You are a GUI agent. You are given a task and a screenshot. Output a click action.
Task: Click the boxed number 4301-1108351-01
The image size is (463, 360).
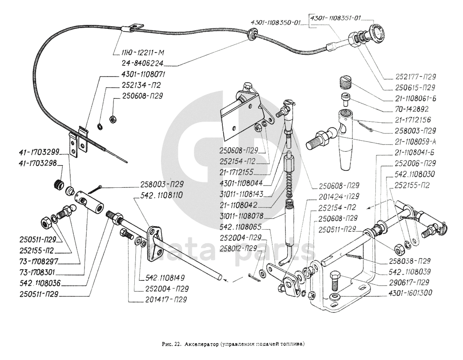tap(335, 18)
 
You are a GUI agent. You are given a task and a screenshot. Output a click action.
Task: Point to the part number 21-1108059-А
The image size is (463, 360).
tap(415, 142)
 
